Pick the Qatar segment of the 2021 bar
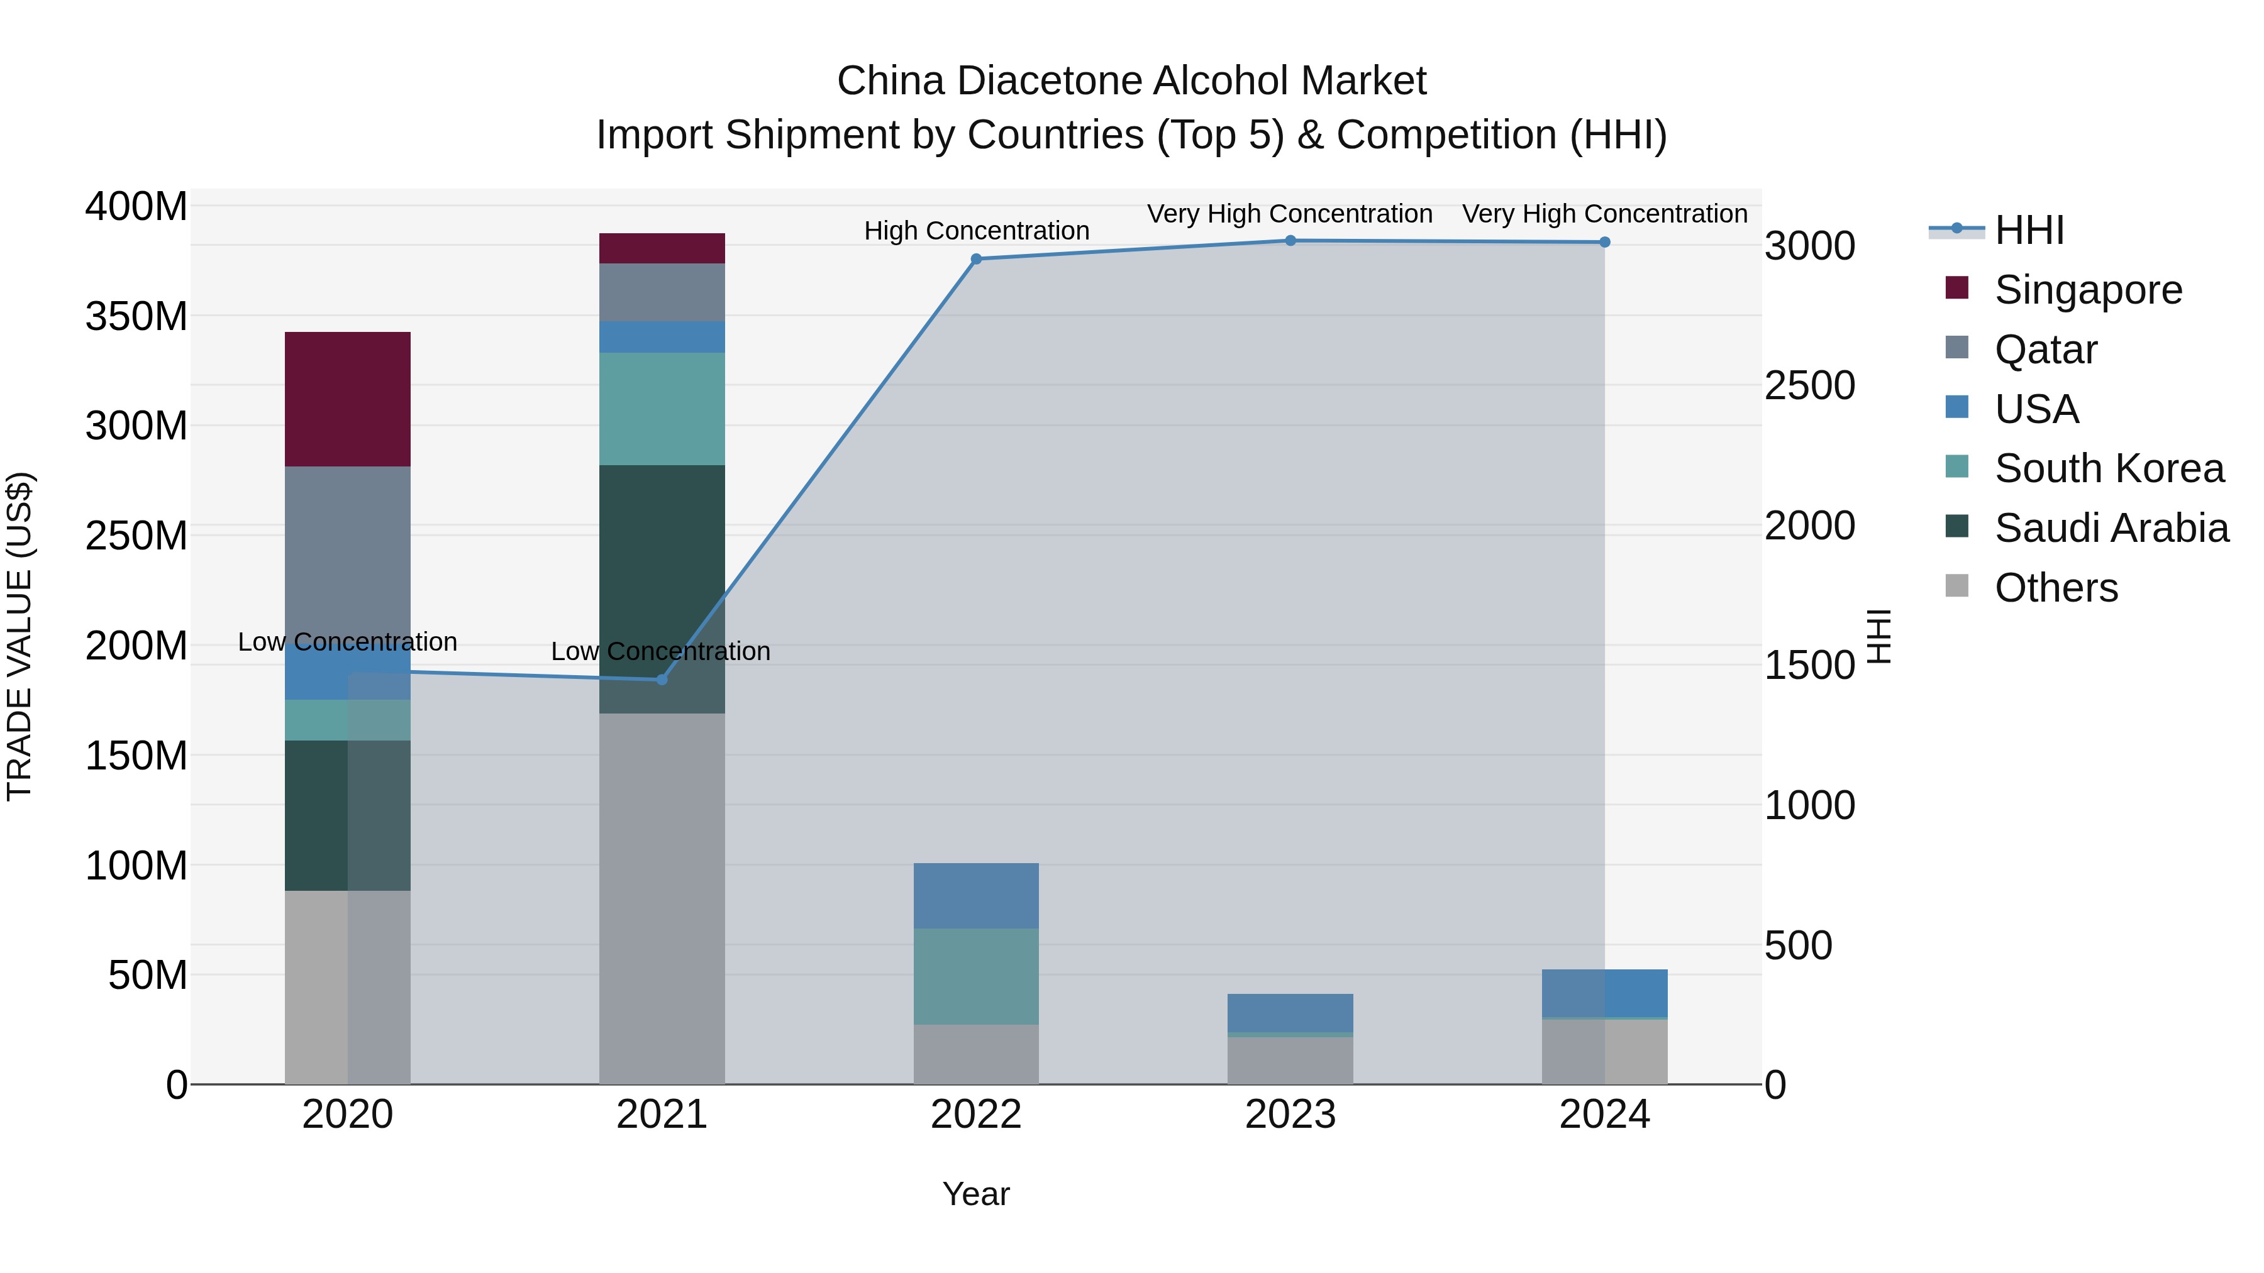tap(662, 292)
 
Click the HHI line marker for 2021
tap(662, 679)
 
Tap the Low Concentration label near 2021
tap(660, 652)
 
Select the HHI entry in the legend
tap(2028, 230)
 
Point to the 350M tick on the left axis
tap(136, 316)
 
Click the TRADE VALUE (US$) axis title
tap(20, 636)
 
